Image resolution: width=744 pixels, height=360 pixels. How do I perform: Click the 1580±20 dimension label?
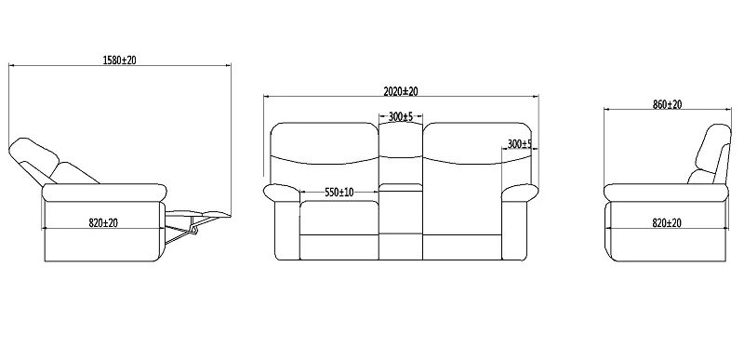(x=120, y=59)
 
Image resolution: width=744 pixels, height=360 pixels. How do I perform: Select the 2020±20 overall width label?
(x=400, y=91)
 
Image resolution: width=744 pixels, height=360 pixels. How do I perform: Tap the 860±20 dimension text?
(x=667, y=105)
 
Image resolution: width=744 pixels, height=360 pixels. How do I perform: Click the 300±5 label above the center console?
(x=401, y=117)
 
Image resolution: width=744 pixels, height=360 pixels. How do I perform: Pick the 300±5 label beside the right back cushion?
(x=519, y=144)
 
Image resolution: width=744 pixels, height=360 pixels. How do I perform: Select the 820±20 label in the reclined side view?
(x=104, y=222)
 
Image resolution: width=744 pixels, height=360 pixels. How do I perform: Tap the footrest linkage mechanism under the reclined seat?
(x=183, y=229)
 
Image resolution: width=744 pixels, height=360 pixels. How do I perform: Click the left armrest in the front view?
(x=282, y=193)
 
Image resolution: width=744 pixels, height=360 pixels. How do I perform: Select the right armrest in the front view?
(x=519, y=193)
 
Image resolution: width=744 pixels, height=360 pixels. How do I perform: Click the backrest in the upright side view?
(x=713, y=153)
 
